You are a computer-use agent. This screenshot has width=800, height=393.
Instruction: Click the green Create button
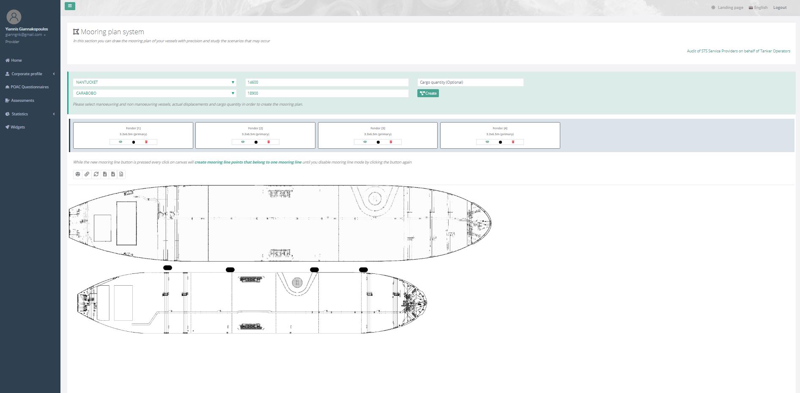[x=428, y=93]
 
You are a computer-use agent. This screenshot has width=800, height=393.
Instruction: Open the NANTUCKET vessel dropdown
[x=154, y=82]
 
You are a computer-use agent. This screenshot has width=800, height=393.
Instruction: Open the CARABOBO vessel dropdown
[x=154, y=93]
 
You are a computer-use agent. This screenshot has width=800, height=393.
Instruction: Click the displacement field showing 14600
[x=326, y=82]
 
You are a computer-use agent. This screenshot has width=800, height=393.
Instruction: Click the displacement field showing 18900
[x=326, y=93]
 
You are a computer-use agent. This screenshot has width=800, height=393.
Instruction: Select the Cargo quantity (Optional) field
[x=470, y=82]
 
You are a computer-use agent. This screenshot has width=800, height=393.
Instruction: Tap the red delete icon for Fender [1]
[x=146, y=142]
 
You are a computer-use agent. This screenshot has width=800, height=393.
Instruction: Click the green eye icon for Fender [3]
[x=365, y=142]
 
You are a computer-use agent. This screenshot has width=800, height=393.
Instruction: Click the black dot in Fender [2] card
[x=256, y=142]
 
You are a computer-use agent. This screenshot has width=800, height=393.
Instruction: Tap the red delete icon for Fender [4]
[x=513, y=142]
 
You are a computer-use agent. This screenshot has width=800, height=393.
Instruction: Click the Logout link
[x=780, y=8]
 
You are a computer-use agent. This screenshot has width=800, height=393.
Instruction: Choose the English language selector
[x=758, y=8]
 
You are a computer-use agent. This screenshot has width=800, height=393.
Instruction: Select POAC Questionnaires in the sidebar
[x=30, y=87]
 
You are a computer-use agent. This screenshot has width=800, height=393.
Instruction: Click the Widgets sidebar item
[x=17, y=127]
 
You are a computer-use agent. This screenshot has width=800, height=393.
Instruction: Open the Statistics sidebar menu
[x=19, y=114]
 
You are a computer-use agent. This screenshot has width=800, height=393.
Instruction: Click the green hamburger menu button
[x=70, y=6]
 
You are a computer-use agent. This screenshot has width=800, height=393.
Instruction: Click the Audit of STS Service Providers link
[x=738, y=51]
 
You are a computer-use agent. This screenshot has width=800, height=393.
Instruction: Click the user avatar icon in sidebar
[x=14, y=17]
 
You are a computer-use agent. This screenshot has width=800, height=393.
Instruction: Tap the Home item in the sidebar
[x=16, y=60]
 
